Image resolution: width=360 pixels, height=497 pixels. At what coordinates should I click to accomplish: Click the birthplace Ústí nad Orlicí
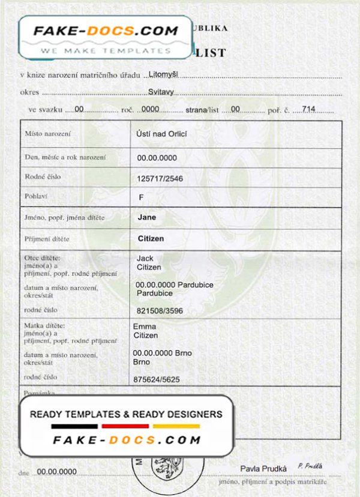pyautogui.click(x=162, y=134)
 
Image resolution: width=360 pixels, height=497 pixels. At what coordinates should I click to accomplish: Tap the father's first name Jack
pyautogui.click(x=145, y=258)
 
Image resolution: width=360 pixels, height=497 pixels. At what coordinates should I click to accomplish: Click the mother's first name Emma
pyautogui.click(x=144, y=327)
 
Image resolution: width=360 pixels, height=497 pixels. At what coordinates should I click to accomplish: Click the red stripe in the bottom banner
pyautogui.click(x=125, y=426)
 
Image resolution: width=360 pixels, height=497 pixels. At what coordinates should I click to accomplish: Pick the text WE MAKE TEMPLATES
pyautogui.click(x=101, y=51)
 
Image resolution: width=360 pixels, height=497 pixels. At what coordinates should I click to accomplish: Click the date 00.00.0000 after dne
pyautogui.click(x=57, y=472)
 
